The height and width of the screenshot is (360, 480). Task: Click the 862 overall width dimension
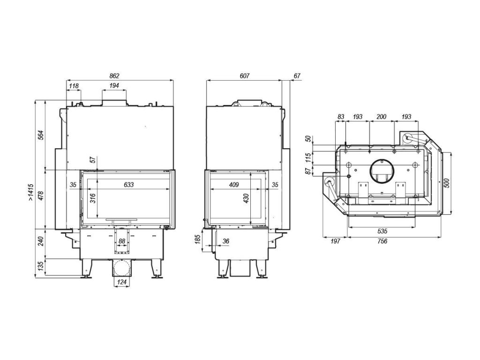(115, 75)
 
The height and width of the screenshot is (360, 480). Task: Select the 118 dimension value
(74, 86)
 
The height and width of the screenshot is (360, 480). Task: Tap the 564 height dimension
(41, 135)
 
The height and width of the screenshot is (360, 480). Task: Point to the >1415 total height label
(30, 193)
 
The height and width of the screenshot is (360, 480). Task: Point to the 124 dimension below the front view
(122, 282)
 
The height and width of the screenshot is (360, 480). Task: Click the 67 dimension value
(297, 75)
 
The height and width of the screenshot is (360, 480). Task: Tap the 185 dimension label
(197, 241)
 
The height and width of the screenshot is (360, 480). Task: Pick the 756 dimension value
(382, 241)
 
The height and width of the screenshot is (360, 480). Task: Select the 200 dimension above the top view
(382, 116)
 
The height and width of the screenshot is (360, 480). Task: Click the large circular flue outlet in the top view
(382, 170)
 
